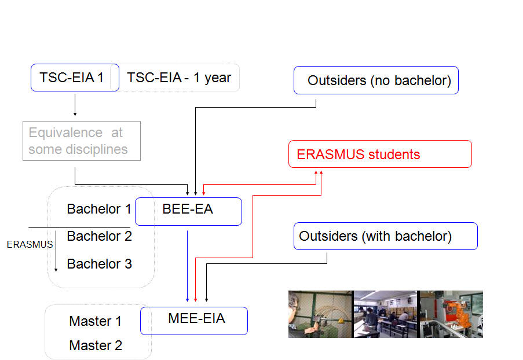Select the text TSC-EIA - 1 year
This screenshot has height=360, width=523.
click(x=179, y=78)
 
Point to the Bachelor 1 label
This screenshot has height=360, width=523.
click(x=98, y=209)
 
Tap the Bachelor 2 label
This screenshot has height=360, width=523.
click(x=100, y=236)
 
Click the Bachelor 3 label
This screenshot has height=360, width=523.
click(x=100, y=264)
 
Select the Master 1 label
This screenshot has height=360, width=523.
click(x=95, y=321)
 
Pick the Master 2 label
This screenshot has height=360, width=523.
click(x=96, y=346)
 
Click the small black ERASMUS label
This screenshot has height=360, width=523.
click(x=30, y=244)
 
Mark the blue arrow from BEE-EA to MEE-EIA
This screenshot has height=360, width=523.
click(x=188, y=266)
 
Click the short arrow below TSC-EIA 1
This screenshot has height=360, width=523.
click(x=75, y=105)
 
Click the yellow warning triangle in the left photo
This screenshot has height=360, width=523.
click(x=341, y=320)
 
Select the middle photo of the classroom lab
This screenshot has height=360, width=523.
click(x=385, y=314)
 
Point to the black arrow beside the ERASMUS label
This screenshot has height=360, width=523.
click(x=56, y=251)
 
